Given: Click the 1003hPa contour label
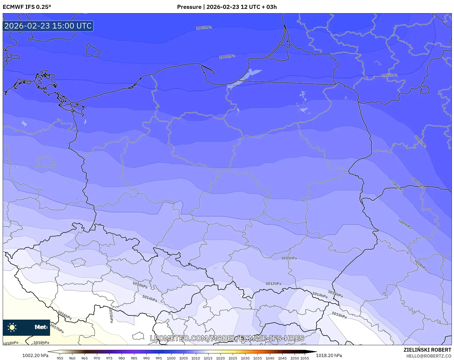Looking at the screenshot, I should tap(204, 28).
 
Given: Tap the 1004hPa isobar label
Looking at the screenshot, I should tap(227, 57).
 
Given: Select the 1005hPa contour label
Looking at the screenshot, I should tap(389, 75).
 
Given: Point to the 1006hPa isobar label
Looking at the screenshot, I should tap(420, 142).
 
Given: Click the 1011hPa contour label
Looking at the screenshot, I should tap(289, 258).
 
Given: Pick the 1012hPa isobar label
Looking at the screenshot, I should tap(273, 284).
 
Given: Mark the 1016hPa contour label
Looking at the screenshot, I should tap(65, 315).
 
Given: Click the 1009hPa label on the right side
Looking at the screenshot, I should tap(405, 225).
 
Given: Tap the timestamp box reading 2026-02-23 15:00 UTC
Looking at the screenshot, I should tap(48, 26).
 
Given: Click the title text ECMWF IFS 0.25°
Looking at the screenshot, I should tap(27, 7).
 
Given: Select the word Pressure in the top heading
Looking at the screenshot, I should tap(189, 7).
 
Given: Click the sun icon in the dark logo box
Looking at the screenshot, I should tap(12, 327).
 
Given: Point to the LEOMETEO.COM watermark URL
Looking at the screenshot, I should tap(227, 338).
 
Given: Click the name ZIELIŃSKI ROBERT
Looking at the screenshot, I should tap(427, 350).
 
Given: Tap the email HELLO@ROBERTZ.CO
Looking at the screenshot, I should tap(428, 356).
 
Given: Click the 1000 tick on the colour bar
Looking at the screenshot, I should tap(171, 358).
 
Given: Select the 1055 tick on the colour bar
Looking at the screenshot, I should tap(305, 358).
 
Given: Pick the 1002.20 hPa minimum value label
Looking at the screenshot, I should tap(35, 355).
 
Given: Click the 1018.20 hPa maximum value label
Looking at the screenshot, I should tap(329, 355).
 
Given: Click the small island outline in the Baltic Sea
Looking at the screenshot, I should tap(93, 50).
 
